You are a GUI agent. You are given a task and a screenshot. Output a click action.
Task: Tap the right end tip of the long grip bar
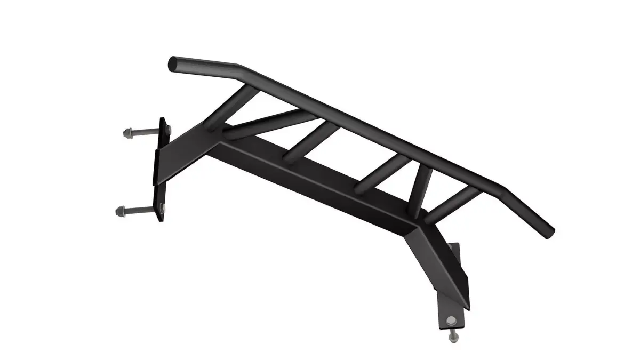coord(549,233)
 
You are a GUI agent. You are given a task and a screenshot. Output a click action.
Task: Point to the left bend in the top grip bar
coord(243,68)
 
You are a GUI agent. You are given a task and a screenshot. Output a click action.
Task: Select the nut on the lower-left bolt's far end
coord(120,212)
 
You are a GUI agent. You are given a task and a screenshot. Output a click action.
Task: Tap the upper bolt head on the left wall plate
coord(165,128)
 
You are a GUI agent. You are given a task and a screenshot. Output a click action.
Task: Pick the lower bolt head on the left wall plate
coord(161,207)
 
